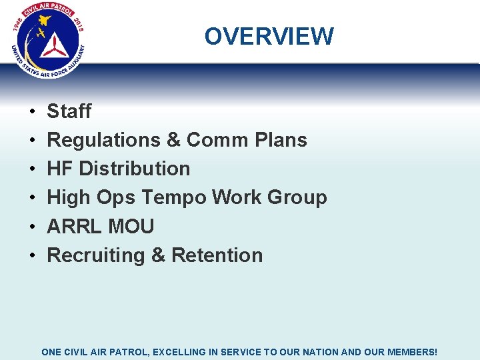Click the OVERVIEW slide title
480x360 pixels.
[269, 36]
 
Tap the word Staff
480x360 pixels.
[69, 111]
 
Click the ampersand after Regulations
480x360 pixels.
[173, 140]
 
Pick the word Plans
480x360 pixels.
[281, 140]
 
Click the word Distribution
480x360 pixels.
[135, 169]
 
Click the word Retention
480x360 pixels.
[217, 255]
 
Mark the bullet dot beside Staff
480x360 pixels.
[32, 112]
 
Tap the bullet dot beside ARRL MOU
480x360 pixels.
[32, 227]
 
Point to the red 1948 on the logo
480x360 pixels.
[18, 24]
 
